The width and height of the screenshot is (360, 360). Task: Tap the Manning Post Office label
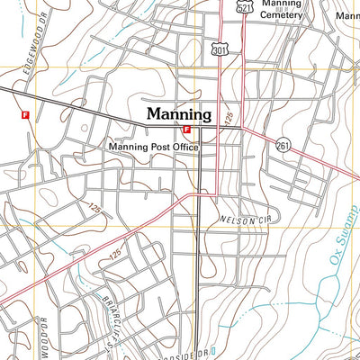click(153, 146)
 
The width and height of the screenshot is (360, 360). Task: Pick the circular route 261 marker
click(283, 145)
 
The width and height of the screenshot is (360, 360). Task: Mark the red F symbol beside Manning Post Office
click(186, 129)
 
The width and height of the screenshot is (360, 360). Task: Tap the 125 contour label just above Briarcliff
click(115, 256)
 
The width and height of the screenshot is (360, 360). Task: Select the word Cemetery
click(281, 14)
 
